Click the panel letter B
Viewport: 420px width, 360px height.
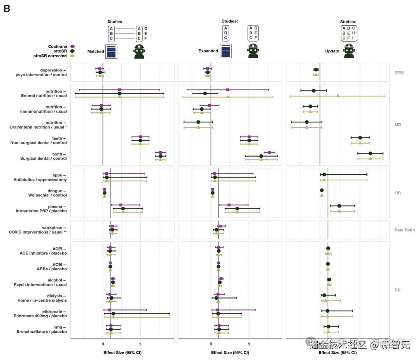[x=7, y=9]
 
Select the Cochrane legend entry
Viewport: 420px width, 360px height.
[x=58, y=47]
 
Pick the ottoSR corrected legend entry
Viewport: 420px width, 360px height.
[x=50, y=56]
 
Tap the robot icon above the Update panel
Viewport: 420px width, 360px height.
[x=349, y=51]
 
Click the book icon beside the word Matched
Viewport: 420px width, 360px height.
[x=111, y=52]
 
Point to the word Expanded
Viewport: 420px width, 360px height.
[x=208, y=51]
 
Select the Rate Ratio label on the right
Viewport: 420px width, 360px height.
[x=404, y=230]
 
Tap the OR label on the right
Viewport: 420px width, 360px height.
[x=397, y=193]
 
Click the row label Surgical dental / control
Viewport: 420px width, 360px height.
[x=43, y=159]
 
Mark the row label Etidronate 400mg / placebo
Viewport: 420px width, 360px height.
[x=42, y=316]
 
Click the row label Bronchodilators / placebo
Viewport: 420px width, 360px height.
[x=41, y=332]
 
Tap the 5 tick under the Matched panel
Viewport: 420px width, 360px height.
[x=140, y=344]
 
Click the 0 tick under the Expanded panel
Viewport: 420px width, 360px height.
[x=211, y=344]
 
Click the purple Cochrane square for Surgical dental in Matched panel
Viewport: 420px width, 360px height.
[x=161, y=153]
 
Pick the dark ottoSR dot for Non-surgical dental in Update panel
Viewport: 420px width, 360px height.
[x=360, y=138]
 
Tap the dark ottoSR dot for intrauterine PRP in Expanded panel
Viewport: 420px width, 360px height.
[x=237, y=209]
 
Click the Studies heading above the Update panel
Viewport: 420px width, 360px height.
[x=348, y=22]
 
